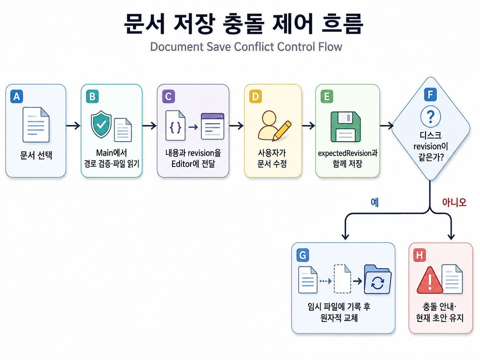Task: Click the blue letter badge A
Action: (17, 96)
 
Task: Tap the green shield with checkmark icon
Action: (101, 124)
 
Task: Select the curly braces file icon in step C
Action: (175, 125)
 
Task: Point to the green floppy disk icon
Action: (345, 127)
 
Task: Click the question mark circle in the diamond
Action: (430, 116)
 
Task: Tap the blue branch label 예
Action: (375, 203)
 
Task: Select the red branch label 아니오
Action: (454, 203)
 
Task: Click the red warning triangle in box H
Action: (430, 280)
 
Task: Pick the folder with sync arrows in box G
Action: (378, 279)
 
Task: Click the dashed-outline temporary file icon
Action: (342, 279)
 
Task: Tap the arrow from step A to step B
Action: (73, 126)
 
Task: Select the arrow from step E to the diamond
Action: (387, 126)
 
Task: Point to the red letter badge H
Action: (419, 255)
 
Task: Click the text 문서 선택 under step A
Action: (36, 155)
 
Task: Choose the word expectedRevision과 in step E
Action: (348, 153)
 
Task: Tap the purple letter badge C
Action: (168, 96)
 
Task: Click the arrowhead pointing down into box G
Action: (345, 236)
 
